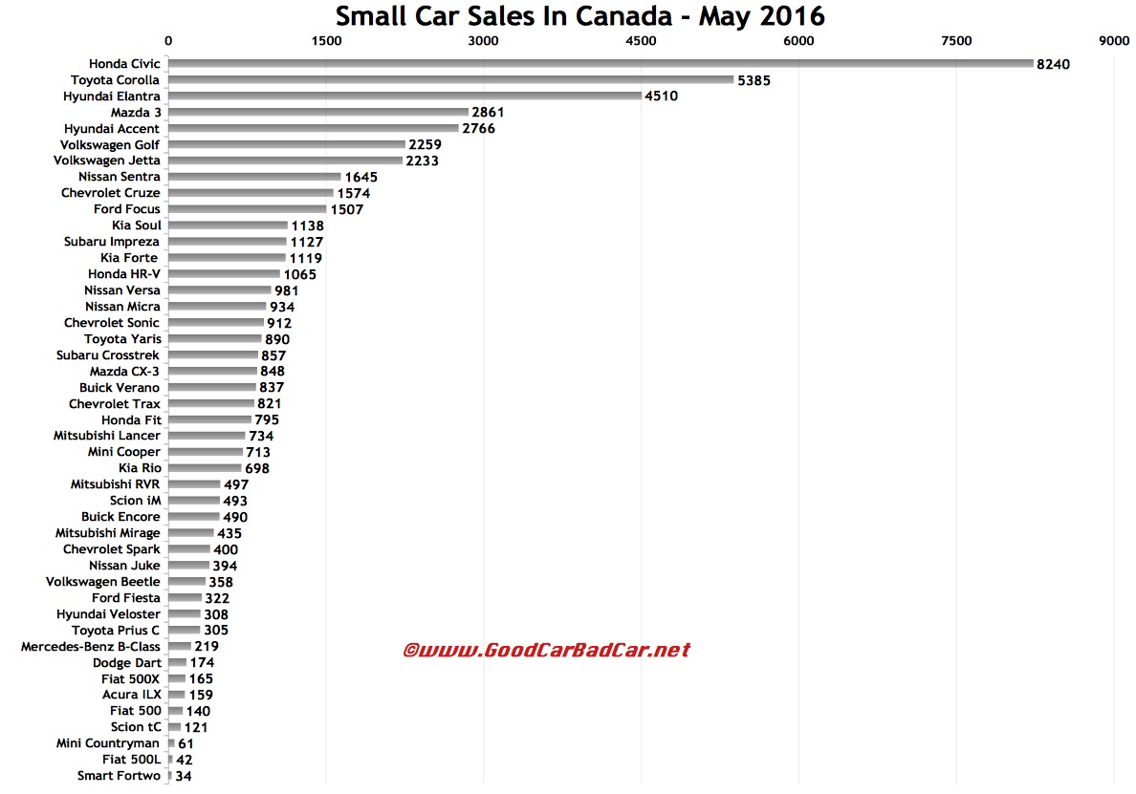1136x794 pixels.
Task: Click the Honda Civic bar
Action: tap(601, 64)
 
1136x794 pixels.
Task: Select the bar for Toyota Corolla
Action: tap(450, 80)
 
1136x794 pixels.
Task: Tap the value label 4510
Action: tap(661, 97)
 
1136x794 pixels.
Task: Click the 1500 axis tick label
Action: tap(326, 40)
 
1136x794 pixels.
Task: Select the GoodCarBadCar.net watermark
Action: tap(546, 650)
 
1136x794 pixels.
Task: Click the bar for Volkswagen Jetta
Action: tap(285, 161)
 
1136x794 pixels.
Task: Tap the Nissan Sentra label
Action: tap(120, 177)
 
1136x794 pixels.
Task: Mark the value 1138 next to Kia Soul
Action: tap(307, 225)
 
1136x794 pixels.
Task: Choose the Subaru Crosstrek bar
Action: tap(213, 354)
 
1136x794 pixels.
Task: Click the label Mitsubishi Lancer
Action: tap(107, 436)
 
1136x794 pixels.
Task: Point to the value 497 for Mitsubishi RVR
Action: tap(235, 484)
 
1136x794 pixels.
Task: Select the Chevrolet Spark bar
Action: tap(189, 549)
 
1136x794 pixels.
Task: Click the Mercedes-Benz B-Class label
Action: tap(91, 646)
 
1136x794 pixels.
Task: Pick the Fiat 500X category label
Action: tap(133, 678)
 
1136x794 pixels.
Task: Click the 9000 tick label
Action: tap(1113, 40)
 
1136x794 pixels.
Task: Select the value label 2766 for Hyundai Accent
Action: tap(478, 129)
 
